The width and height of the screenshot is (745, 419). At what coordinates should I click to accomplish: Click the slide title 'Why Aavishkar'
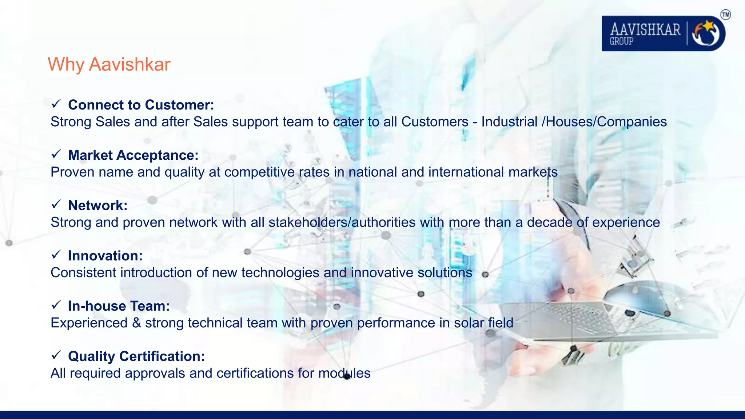[109, 64]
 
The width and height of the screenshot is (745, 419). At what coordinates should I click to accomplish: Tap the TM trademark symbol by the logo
[725, 15]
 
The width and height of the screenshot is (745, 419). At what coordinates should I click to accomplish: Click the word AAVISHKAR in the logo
[645, 29]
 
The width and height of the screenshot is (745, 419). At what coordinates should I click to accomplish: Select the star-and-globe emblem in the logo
[706, 33]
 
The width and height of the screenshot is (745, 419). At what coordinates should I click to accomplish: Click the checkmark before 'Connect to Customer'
[56, 104]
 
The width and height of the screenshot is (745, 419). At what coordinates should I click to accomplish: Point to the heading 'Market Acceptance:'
[133, 155]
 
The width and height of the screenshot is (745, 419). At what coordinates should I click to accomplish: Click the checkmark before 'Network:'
[56, 204]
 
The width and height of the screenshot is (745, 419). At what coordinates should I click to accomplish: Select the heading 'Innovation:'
[105, 256]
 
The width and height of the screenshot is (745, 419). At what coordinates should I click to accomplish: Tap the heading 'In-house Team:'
[119, 306]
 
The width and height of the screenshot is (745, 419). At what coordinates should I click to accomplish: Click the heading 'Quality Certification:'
[136, 356]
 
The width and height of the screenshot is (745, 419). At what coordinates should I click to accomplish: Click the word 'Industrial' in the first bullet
[509, 121]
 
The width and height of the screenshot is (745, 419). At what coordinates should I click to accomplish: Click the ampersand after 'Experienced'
[136, 323]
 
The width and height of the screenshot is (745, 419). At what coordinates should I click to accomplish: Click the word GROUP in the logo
[621, 41]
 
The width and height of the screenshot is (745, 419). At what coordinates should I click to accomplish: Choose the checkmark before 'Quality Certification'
[56, 355]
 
